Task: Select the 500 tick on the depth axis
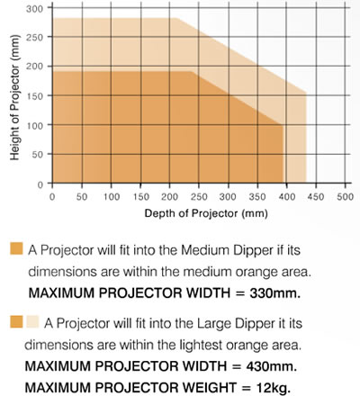coord(345,196)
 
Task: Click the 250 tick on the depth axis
coord(198,196)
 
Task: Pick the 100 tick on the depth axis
coord(110,196)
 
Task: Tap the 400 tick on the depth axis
coord(286,196)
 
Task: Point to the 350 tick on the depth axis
coord(256,196)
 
